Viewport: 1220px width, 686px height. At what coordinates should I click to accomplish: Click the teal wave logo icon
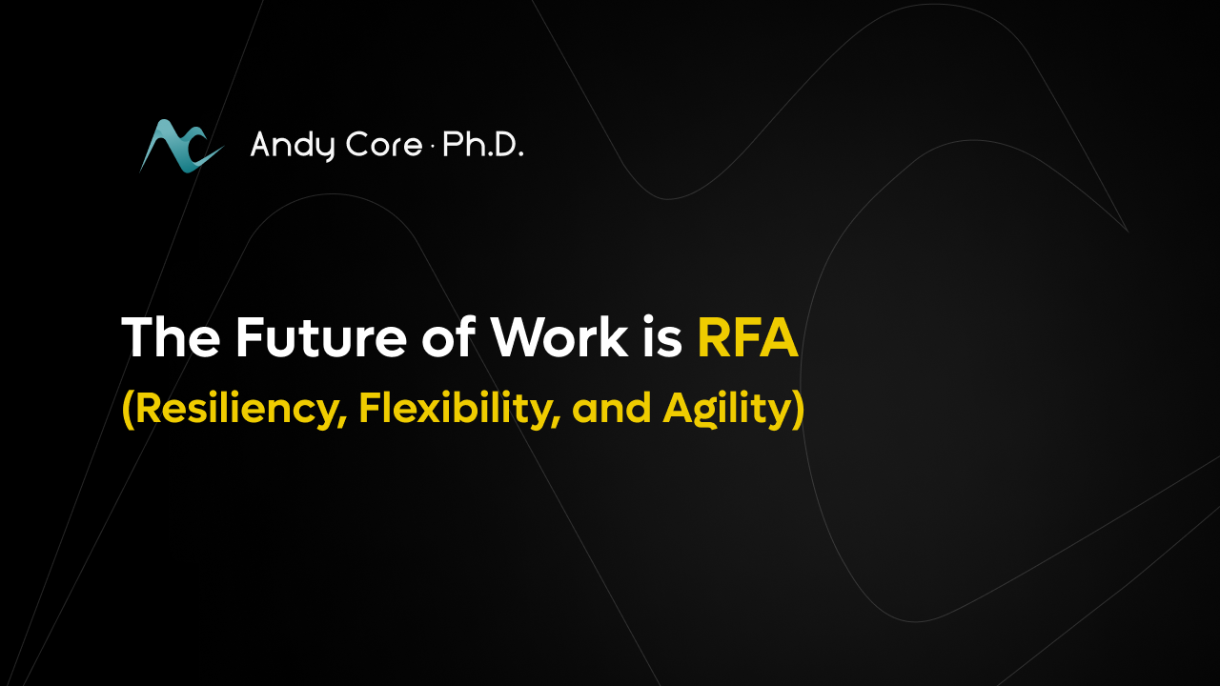[x=181, y=146]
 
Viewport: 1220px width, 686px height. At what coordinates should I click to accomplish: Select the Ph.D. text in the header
[x=483, y=145]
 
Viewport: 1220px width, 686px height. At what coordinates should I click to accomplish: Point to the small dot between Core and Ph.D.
[x=433, y=147]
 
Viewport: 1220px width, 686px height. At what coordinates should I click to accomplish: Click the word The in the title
[x=171, y=337]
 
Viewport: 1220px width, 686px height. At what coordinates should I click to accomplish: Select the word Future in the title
[x=321, y=337]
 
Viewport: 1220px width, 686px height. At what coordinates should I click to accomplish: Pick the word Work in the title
[x=559, y=337]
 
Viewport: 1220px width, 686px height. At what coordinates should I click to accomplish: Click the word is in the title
[x=662, y=337]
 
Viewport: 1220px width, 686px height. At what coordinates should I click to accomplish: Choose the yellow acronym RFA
[x=748, y=337]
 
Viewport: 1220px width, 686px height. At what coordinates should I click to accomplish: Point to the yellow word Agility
[x=726, y=410]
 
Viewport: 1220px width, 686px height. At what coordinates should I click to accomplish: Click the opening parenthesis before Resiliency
[x=128, y=410]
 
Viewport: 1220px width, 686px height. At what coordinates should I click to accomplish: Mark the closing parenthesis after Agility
[x=798, y=410]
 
